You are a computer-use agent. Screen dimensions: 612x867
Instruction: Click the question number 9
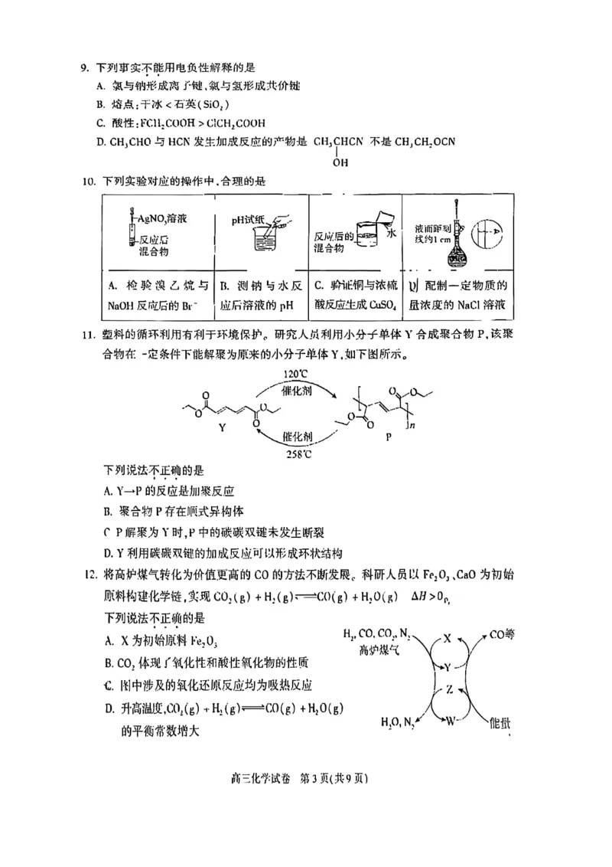[85, 69]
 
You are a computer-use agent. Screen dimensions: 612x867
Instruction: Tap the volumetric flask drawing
[458, 242]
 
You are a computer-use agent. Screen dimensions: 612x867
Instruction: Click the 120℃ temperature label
[295, 375]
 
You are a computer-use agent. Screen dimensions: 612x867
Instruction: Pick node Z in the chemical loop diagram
[449, 689]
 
